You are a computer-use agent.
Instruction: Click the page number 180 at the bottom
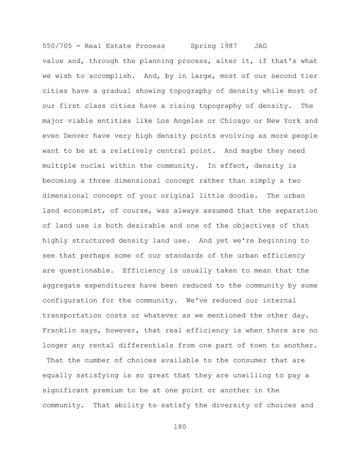tap(180, 427)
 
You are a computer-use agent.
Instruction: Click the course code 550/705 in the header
tap(57, 46)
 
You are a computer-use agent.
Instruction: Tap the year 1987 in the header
tap(229, 46)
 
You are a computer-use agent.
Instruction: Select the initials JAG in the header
tap(260, 46)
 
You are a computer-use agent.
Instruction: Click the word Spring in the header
tap(203, 46)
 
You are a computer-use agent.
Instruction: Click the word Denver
tap(76, 136)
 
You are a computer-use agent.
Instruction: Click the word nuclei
tap(93, 166)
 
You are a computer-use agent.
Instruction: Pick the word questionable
tap(84, 270)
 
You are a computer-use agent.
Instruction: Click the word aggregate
tap(61, 286)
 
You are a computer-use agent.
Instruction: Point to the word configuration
tap(70, 301)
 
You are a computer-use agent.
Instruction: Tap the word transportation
tap(72, 315)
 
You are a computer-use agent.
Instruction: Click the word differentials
tap(146, 345)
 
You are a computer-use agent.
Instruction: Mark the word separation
tap(297, 211)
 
